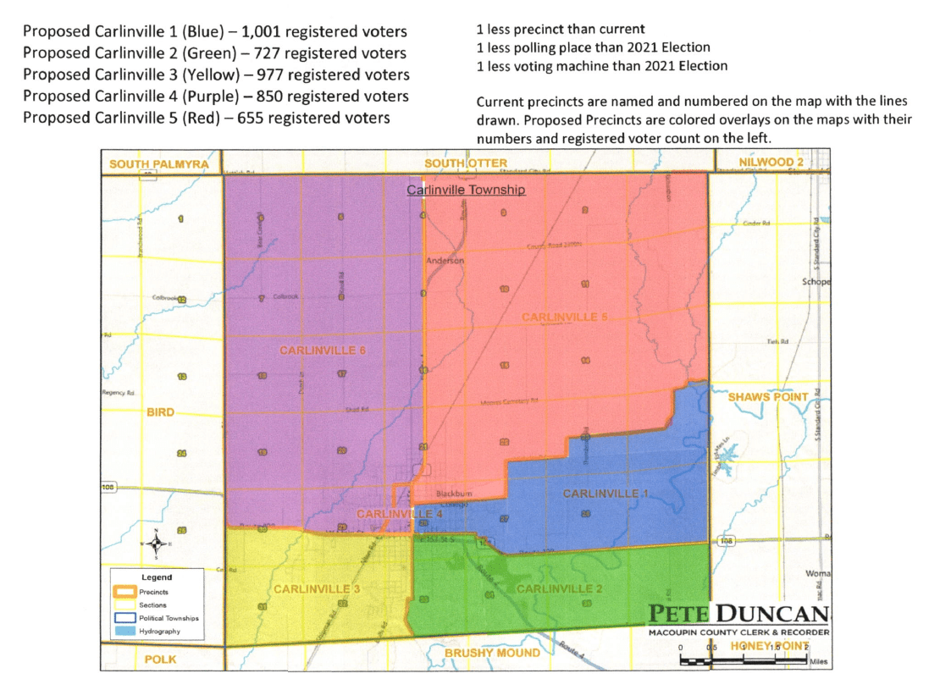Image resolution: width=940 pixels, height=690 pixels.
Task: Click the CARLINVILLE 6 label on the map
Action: pos(322,350)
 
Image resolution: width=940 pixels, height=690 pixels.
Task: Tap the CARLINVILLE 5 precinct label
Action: pos(565,317)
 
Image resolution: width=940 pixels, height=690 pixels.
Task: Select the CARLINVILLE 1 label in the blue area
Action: pos(605,494)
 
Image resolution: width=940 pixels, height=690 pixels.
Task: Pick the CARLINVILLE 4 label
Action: pos(400,514)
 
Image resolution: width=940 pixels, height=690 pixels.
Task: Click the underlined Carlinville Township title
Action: pos(466,190)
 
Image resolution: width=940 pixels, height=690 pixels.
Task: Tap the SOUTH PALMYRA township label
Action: pos(159,163)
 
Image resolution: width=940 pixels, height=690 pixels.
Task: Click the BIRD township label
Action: pos(160,412)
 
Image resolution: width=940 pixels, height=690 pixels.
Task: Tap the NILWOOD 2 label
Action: pos(771,163)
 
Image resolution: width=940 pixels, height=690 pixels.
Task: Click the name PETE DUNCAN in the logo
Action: pos(739,613)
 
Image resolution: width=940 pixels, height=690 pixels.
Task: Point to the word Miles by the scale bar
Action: pos(818,661)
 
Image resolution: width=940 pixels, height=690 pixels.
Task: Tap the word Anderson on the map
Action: pos(445,261)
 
